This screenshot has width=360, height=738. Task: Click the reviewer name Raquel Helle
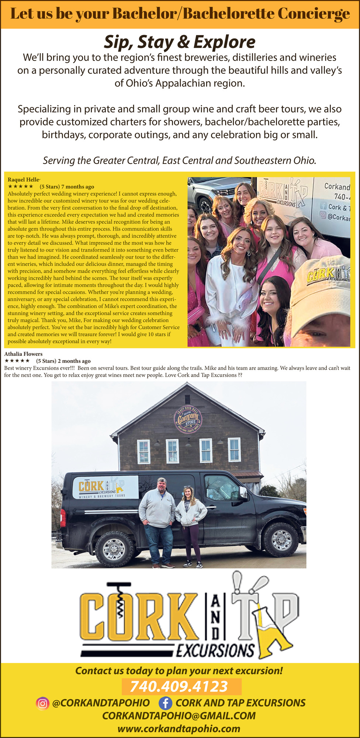[23, 180]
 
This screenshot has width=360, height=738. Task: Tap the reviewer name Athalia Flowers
[23, 354]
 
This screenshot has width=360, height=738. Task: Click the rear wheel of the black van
[115, 548]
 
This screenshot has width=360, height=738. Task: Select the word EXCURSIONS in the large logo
[215, 650]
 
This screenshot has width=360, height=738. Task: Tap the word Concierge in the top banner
[313, 14]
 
